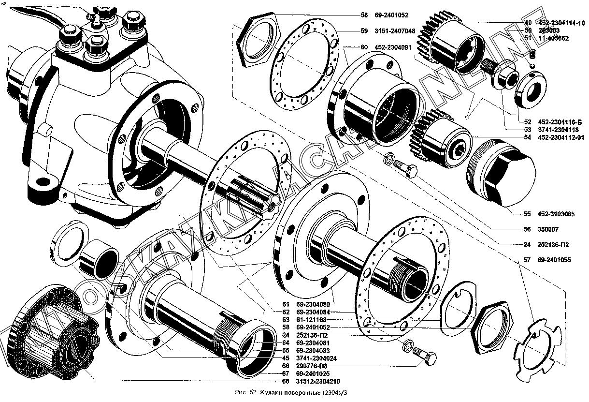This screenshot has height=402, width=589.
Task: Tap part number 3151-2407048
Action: coord(394,30)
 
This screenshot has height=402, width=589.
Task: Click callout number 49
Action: coord(528,23)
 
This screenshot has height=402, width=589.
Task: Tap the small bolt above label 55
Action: coord(406,170)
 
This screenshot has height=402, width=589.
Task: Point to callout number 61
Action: coord(286,304)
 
